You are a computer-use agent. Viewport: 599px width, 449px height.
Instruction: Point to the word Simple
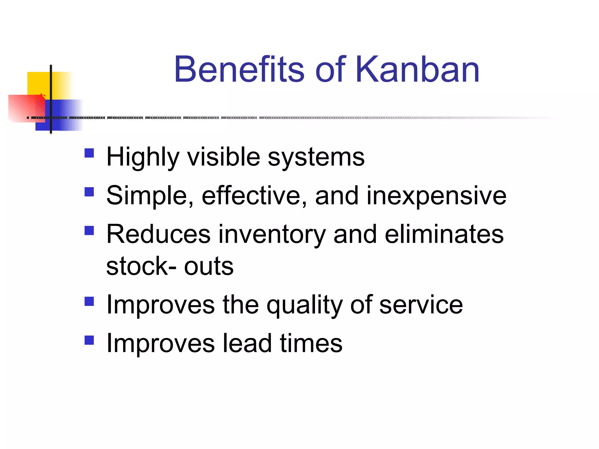click(x=149, y=196)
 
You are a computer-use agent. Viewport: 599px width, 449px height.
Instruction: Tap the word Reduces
click(x=158, y=234)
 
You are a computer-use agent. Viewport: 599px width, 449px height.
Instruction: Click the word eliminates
click(x=444, y=234)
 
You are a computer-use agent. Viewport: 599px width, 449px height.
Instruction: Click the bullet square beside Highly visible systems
click(x=89, y=153)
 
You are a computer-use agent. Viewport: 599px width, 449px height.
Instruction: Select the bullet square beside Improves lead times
click(x=89, y=340)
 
